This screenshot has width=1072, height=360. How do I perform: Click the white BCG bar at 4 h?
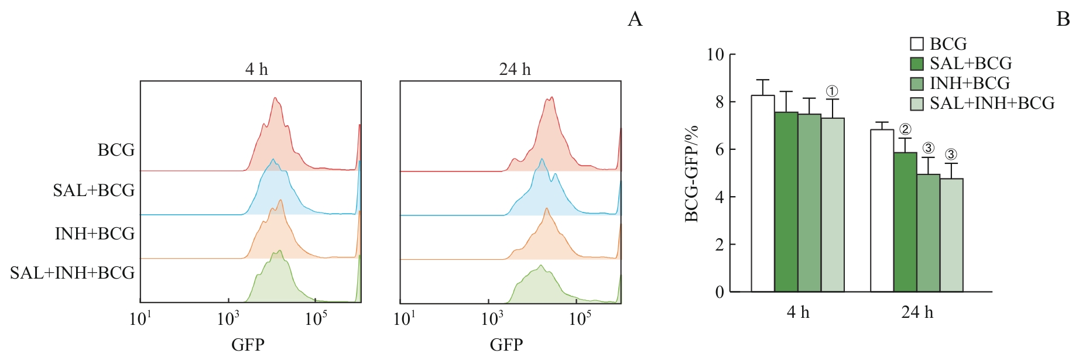(x=763, y=193)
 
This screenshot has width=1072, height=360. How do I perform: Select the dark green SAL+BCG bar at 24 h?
(x=905, y=222)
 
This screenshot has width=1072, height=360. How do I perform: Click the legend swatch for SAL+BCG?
(x=917, y=64)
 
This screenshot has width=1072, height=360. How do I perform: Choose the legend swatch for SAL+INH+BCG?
(x=917, y=104)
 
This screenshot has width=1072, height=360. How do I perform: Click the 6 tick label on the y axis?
(x=719, y=150)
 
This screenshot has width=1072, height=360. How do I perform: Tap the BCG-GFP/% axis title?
(x=691, y=174)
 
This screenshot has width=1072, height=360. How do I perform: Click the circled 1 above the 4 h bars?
(x=832, y=91)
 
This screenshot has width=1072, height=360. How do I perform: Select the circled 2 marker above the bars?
(x=905, y=129)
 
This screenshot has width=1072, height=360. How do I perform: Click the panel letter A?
(x=635, y=20)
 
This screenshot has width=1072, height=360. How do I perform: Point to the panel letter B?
(x=1063, y=20)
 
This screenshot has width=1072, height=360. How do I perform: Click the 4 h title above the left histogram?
(x=256, y=70)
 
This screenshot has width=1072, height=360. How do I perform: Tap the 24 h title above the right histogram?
(x=515, y=70)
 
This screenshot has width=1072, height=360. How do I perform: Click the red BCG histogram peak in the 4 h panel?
(x=274, y=111)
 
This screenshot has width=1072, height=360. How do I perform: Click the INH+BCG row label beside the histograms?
(x=95, y=234)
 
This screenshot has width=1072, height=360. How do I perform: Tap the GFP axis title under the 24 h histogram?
(x=506, y=344)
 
